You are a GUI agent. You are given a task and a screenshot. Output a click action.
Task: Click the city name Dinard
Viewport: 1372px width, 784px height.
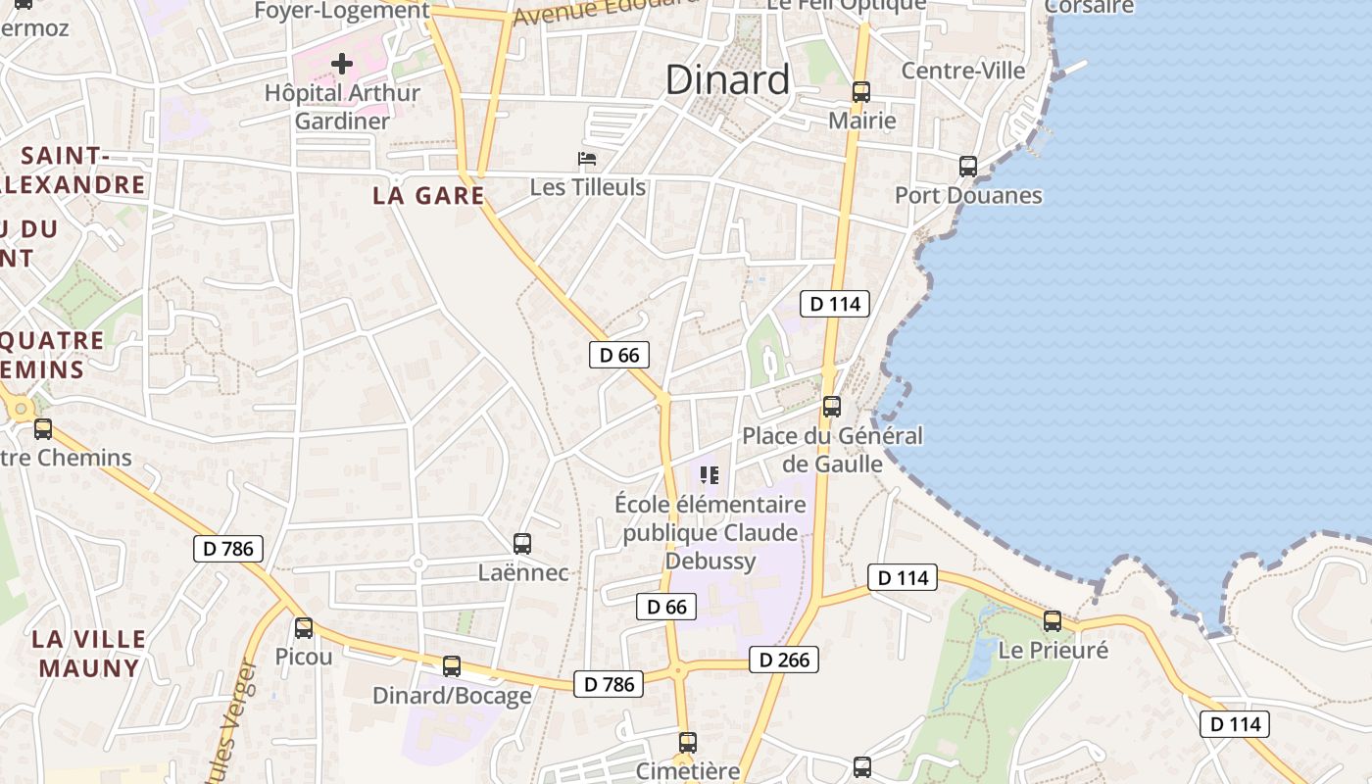(x=727, y=79)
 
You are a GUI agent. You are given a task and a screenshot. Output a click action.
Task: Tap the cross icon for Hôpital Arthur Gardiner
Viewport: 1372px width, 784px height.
(x=342, y=65)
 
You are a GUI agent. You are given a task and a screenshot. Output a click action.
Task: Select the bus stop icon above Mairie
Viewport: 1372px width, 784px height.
(x=861, y=91)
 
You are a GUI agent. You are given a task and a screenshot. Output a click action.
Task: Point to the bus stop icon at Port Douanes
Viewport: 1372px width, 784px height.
(x=968, y=166)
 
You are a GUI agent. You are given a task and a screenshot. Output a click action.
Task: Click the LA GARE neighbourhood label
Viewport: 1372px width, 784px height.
(x=428, y=195)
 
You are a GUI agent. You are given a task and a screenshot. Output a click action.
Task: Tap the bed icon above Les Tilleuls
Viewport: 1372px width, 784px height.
(x=587, y=159)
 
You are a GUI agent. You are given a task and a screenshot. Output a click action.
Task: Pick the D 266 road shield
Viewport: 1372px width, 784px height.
(x=784, y=660)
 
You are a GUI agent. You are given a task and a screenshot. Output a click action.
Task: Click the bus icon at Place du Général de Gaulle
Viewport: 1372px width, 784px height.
(x=832, y=406)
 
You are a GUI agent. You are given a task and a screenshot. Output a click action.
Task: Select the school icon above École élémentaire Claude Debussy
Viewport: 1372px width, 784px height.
(x=710, y=475)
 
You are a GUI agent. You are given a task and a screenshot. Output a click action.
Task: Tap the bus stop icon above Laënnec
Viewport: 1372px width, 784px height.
(x=522, y=543)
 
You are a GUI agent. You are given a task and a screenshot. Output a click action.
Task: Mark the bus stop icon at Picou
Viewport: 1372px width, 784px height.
(x=304, y=627)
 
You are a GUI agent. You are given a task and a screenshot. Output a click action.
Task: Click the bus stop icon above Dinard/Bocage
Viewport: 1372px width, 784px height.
(x=452, y=666)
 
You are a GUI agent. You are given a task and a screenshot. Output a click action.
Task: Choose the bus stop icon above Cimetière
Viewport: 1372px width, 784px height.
(x=688, y=742)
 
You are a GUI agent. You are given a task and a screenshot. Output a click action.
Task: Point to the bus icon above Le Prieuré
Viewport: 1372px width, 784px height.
(x=1053, y=620)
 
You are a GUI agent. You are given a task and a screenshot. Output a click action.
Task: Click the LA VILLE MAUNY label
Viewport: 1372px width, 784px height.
(x=88, y=654)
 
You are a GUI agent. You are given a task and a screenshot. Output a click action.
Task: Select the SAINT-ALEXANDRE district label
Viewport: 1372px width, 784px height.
(x=74, y=171)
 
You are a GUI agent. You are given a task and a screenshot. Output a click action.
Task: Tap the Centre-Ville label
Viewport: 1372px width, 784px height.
(x=962, y=71)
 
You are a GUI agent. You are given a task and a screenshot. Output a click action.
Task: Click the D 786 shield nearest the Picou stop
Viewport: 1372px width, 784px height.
(x=229, y=548)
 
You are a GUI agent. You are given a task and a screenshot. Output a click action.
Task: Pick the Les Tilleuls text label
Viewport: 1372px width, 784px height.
(x=588, y=186)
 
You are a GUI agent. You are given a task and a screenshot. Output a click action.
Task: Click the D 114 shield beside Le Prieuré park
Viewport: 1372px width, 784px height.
(x=904, y=578)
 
